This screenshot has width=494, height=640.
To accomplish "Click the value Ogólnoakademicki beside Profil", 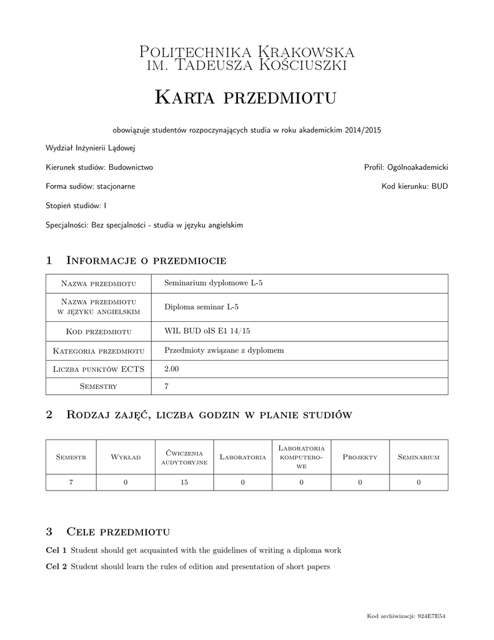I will (418, 167).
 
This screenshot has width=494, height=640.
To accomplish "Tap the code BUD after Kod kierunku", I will (439, 186).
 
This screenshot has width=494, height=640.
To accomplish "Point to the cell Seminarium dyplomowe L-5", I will (213, 283).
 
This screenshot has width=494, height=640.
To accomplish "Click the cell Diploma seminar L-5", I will (201, 307).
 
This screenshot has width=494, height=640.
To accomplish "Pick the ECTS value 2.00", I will (171, 369).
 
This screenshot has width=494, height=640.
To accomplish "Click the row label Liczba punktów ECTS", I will (99, 369).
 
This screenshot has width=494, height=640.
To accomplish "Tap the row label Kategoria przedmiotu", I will (99, 351).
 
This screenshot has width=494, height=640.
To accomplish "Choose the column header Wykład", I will (126, 457).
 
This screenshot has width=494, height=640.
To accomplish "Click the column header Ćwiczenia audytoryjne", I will (184, 457).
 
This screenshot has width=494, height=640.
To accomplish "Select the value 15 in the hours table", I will (184, 482).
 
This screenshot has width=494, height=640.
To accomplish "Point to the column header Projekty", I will (360, 457).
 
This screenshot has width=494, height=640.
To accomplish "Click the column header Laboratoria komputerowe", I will (301, 457).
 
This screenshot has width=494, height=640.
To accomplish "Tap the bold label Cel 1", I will (56, 550).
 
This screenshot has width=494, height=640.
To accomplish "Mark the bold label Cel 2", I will (56, 567).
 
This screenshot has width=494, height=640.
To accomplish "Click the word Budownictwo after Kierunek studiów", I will (131, 167).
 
